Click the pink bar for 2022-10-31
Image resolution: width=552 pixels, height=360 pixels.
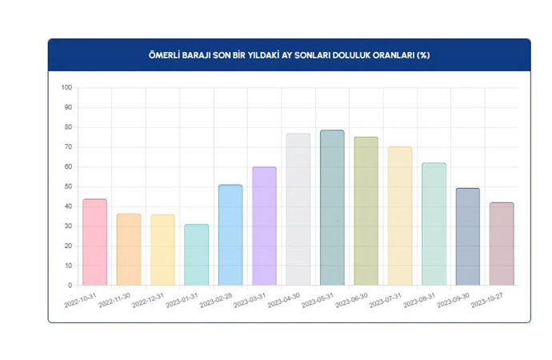(x=94, y=242)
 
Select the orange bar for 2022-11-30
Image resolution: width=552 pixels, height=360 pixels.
(x=129, y=249)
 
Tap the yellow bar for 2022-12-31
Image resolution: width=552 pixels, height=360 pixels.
(x=162, y=250)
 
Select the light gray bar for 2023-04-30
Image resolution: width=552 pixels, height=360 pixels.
(x=298, y=209)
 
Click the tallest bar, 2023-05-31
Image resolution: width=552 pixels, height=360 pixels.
(x=332, y=207)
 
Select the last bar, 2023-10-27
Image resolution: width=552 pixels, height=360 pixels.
(x=502, y=243)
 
